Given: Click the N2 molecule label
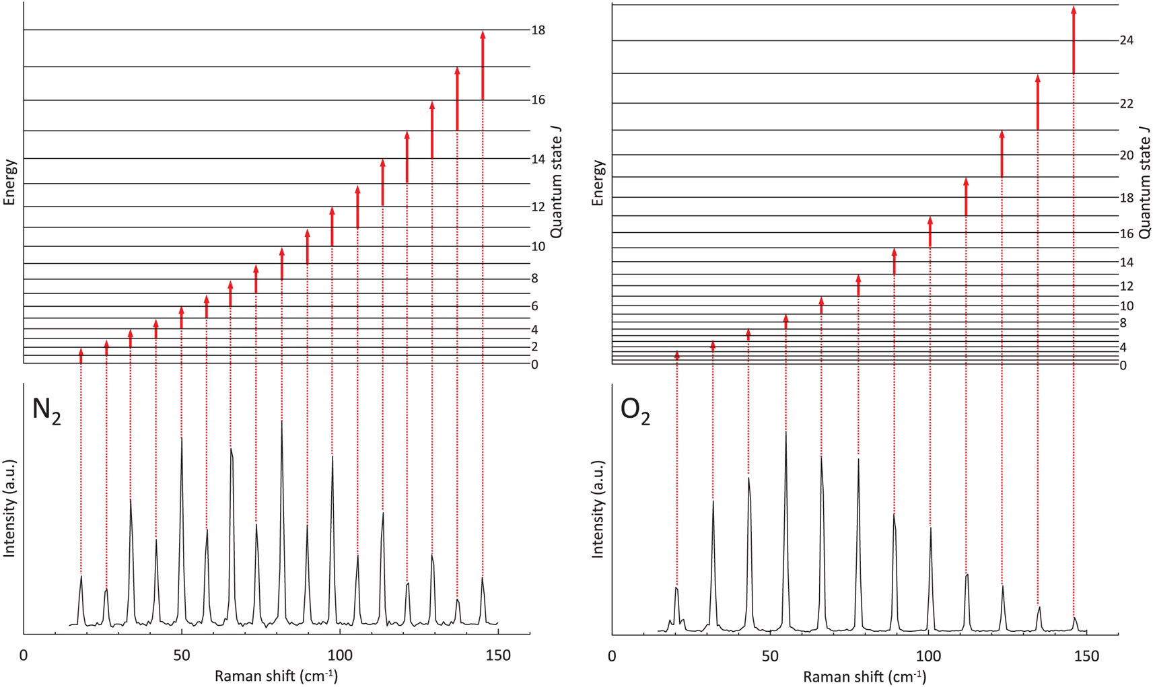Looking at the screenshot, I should coord(46,410).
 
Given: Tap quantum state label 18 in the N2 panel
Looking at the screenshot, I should coord(538,30).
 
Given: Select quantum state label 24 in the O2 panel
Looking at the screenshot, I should coord(1126,40).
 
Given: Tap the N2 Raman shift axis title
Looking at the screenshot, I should coord(276,676).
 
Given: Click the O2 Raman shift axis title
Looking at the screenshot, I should coord(864,676).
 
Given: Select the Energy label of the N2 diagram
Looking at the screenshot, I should coord(9,182).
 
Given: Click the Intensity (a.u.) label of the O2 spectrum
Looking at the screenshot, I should coord(598,509).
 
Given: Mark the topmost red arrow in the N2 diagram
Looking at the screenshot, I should coord(483,65).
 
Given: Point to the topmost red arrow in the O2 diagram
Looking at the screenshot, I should coord(1074,40).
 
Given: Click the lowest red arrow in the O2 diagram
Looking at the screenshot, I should coord(677,357).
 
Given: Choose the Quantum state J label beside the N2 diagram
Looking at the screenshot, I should coord(556,182).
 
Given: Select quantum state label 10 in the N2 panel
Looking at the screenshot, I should coord(538,246).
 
